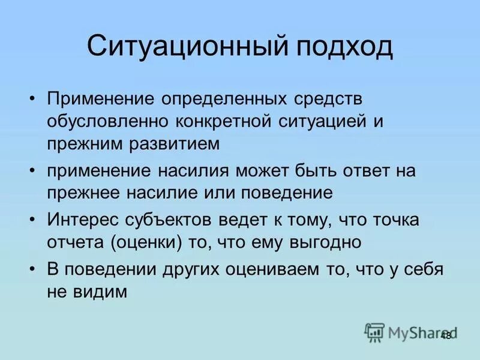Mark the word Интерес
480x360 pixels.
pos(80,220)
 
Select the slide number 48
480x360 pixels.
pos(445,335)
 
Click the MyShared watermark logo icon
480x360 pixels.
pos(374,332)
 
